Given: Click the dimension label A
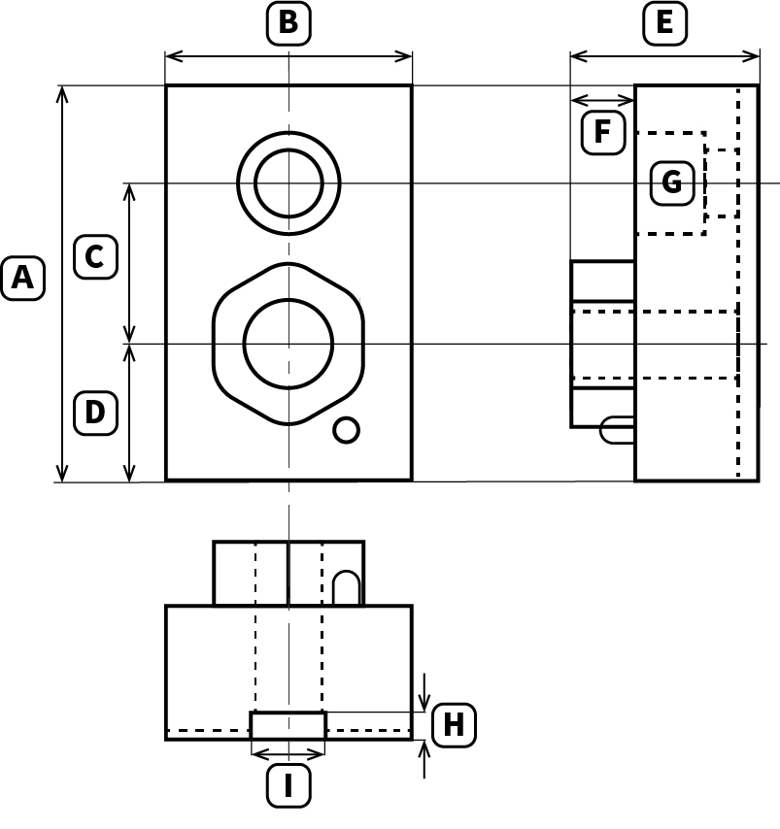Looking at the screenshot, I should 22,279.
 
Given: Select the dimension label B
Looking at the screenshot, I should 288,23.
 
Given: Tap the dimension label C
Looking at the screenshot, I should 95,257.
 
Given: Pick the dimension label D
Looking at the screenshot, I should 95,414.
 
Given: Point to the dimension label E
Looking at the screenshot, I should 664,23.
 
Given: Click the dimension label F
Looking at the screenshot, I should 603,133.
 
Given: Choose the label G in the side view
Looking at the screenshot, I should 672,182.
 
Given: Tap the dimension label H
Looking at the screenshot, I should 454,725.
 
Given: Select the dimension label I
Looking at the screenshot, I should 288,786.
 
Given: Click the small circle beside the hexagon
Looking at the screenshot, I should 346,429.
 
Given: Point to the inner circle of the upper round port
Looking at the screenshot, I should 288,182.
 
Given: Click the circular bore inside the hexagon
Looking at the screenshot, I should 288,343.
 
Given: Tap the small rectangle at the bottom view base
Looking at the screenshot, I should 288,725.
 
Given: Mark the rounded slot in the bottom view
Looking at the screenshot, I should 346,588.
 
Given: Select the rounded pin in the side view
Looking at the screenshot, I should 617,430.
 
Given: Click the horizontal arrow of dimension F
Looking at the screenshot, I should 602,100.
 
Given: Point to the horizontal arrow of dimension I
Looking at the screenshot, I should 288,754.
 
